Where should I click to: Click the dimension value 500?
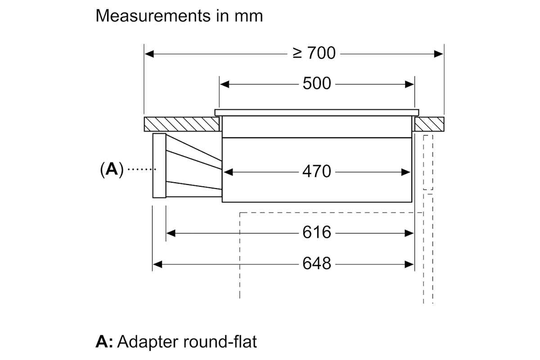pos(316,84)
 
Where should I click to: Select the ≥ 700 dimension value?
pos(314,53)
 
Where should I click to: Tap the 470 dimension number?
pos(316,171)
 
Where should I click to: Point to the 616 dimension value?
pos(316,233)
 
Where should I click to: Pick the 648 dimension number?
pos(316,264)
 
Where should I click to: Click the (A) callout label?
pos(112,170)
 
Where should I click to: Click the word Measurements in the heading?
pos(153,16)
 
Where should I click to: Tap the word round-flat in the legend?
pos(220,342)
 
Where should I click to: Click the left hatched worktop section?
pos(181,124)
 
